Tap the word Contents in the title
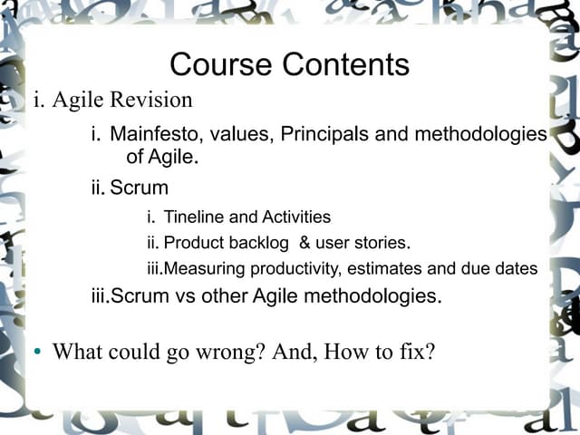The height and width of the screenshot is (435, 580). pos(345,65)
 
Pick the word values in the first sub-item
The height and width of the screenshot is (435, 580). pos(242,135)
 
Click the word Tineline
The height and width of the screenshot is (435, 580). pos(193,217)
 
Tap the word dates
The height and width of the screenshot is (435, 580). pos(515,269)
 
